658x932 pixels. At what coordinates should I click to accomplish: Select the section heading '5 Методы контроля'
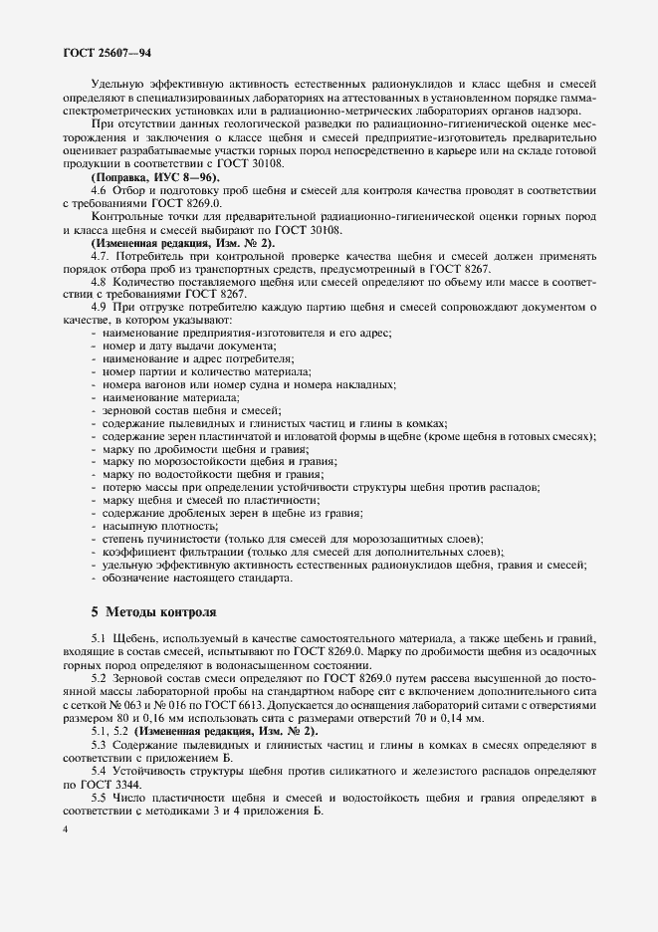(152, 610)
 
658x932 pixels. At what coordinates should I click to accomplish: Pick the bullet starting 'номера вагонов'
(248, 383)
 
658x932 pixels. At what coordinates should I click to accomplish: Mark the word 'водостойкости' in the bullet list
(205, 474)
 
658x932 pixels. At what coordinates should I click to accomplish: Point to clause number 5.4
(100, 772)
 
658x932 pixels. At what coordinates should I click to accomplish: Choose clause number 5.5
(100, 798)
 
